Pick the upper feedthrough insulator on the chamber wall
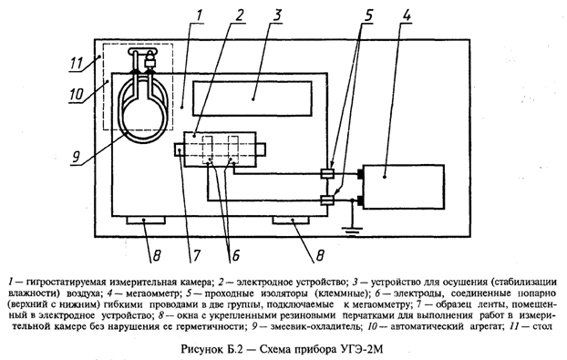click(x=328, y=171)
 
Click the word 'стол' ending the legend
click(x=547, y=323)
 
